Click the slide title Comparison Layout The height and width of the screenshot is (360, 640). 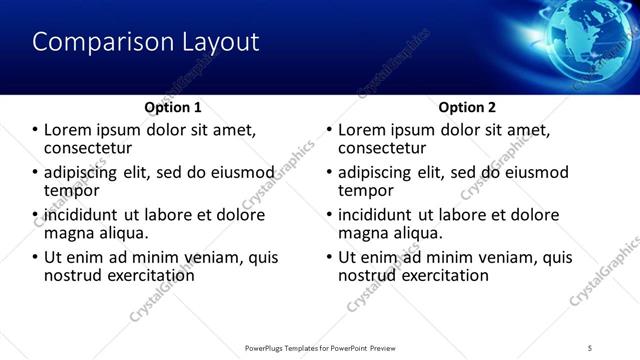tap(146, 43)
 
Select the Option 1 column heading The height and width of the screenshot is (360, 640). tap(173, 107)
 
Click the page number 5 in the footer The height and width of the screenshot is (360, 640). tap(591, 347)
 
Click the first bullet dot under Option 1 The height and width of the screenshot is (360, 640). tap(36, 130)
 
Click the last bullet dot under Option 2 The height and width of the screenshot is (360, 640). tap(331, 257)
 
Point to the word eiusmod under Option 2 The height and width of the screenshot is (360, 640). tap(533, 172)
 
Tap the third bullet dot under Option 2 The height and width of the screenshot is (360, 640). tap(331, 215)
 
